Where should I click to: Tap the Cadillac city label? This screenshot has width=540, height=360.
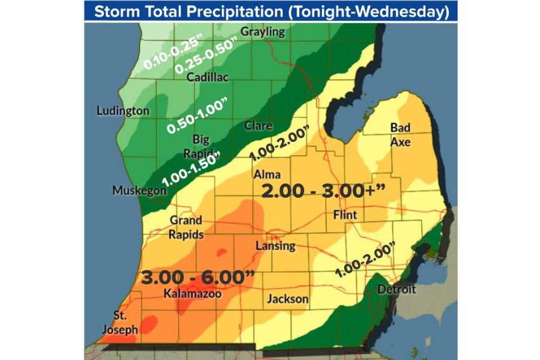click(208, 77)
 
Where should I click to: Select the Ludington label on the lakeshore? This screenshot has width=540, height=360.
click(123, 111)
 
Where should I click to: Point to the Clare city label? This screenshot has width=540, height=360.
click(258, 125)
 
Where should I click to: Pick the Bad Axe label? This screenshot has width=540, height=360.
click(400, 135)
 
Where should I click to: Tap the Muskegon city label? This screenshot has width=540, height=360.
click(136, 190)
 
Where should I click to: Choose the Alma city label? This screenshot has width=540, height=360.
click(266, 174)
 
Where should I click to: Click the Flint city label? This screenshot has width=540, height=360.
click(345, 215)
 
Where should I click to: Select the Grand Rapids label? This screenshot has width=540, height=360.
click(186, 227)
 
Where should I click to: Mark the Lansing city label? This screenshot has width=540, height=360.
click(275, 246)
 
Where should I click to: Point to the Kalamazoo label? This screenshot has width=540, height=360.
click(188, 294)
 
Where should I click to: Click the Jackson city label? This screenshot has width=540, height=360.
click(287, 299)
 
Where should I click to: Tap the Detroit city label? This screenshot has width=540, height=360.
click(396, 290)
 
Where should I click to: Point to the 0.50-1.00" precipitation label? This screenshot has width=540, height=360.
click(197, 116)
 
